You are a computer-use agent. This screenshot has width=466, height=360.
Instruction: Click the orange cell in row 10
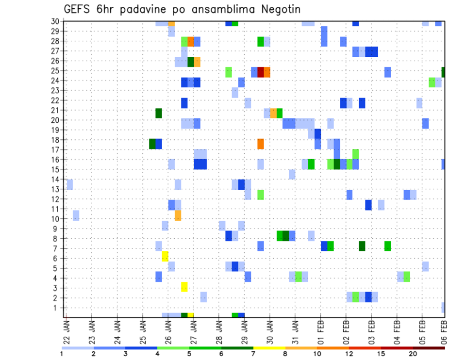[178, 215]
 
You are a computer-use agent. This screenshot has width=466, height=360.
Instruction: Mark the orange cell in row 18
[261, 144]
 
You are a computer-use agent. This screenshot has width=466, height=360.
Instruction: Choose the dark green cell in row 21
[159, 113]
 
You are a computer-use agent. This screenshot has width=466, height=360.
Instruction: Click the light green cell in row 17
[356, 154]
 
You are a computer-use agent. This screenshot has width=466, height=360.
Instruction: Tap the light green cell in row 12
[261, 195]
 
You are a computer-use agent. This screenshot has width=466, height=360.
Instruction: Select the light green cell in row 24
[432, 82]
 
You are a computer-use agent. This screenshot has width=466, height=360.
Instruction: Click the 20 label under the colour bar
[413, 354]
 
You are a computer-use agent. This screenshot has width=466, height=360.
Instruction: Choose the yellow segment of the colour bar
[269, 348]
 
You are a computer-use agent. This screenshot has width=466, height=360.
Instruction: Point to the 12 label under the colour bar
[349, 354]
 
